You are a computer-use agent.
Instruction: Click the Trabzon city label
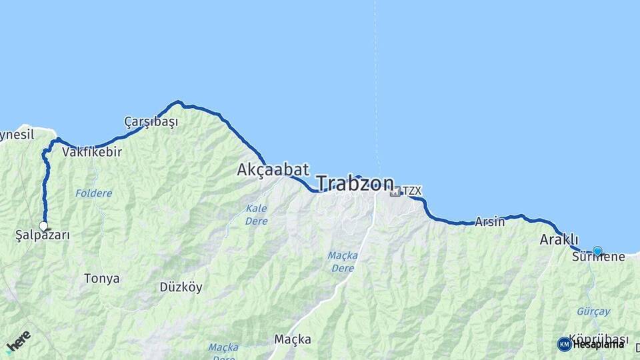[355, 184]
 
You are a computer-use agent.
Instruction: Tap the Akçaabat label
[273, 170]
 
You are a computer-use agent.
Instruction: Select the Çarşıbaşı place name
[151, 122]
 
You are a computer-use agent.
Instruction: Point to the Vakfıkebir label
[92, 152]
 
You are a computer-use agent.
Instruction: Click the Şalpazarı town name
[43, 235]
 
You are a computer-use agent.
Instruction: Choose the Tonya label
[102, 279]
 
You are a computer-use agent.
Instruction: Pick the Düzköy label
[181, 288]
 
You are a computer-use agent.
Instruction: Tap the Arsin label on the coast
[489, 222]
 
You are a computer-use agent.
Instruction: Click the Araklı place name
[559, 240]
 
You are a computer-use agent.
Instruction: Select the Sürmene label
[599, 257]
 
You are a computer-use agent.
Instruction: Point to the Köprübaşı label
[599, 339]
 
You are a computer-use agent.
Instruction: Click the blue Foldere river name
[93, 193]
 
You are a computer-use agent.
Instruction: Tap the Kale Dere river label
[256, 215]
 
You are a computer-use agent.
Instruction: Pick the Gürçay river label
[593, 312]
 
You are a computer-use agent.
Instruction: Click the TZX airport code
[412, 191]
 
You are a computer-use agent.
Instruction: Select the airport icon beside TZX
[395, 191]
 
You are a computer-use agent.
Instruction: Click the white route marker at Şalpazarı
[44, 226]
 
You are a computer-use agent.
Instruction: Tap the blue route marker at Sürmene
[597, 251]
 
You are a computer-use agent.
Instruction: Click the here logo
[17, 341]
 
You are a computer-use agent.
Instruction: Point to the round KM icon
[564, 344]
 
